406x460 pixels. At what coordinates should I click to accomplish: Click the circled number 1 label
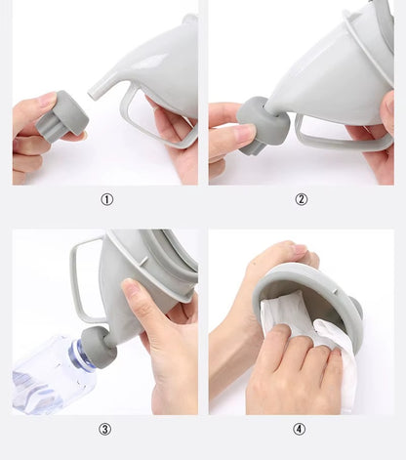[x=106, y=199]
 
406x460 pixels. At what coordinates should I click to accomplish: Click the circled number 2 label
[x=301, y=199]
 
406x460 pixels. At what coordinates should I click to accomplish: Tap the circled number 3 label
[x=104, y=429]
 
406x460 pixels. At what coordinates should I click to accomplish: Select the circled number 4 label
[x=299, y=429]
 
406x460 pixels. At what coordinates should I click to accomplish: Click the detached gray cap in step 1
[x=62, y=116]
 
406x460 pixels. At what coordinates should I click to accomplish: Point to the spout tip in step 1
[x=92, y=92]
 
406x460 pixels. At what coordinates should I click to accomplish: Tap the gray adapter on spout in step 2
[x=263, y=125]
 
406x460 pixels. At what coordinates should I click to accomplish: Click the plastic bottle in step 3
[x=49, y=378]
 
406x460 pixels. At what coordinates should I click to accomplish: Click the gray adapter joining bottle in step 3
[x=99, y=348]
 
